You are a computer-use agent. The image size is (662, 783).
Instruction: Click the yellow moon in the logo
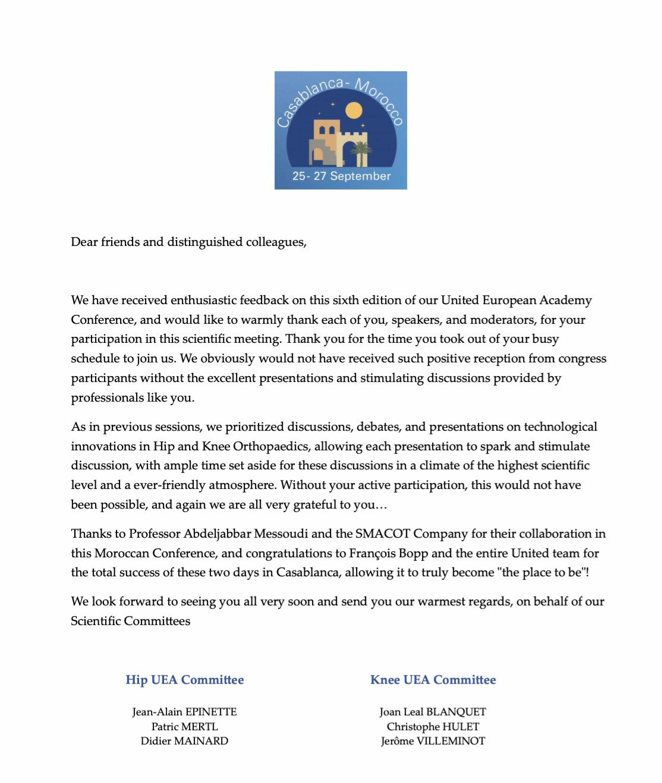pos(354,110)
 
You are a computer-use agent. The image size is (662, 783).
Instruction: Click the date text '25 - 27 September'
pos(341,176)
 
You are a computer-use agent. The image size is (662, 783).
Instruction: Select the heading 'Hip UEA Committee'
pos(185,680)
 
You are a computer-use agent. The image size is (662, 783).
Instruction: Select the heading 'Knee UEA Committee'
pos(433,680)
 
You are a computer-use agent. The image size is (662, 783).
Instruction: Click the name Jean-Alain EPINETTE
pos(184,712)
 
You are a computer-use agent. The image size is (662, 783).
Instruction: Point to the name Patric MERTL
pos(184,727)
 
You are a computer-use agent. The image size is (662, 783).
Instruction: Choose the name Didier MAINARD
pos(184,741)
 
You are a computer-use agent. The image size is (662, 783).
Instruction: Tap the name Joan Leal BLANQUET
pos(433,712)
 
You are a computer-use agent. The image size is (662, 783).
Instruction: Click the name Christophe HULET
pos(433,727)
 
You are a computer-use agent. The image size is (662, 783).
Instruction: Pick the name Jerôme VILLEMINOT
pos(433,741)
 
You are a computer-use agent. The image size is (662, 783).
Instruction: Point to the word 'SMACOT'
pos(383,533)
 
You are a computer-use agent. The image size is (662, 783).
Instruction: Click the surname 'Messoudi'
pos(281,533)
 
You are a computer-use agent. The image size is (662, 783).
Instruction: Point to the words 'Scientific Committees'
pos(131,621)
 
